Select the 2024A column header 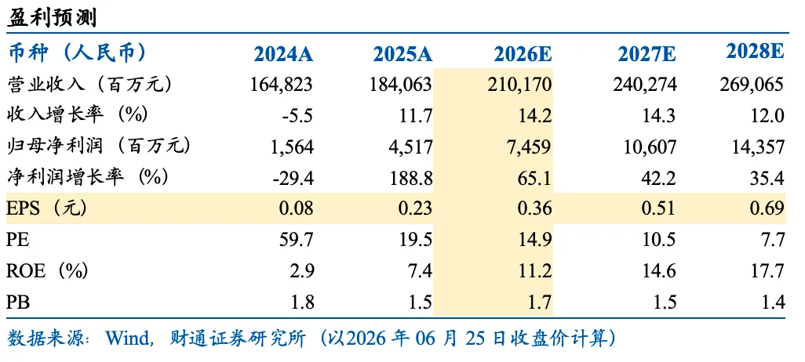tap(283, 54)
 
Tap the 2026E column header tap(523, 54)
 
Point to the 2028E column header tap(755, 52)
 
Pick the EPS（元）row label tap(46, 208)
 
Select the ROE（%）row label tap(47, 270)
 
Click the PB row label tap(18, 302)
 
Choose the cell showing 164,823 tap(282, 85)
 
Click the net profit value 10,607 tap(648, 147)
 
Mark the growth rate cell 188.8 tap(410, 178)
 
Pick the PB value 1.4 tap(774, 302)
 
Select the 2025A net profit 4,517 tap(410, 147)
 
